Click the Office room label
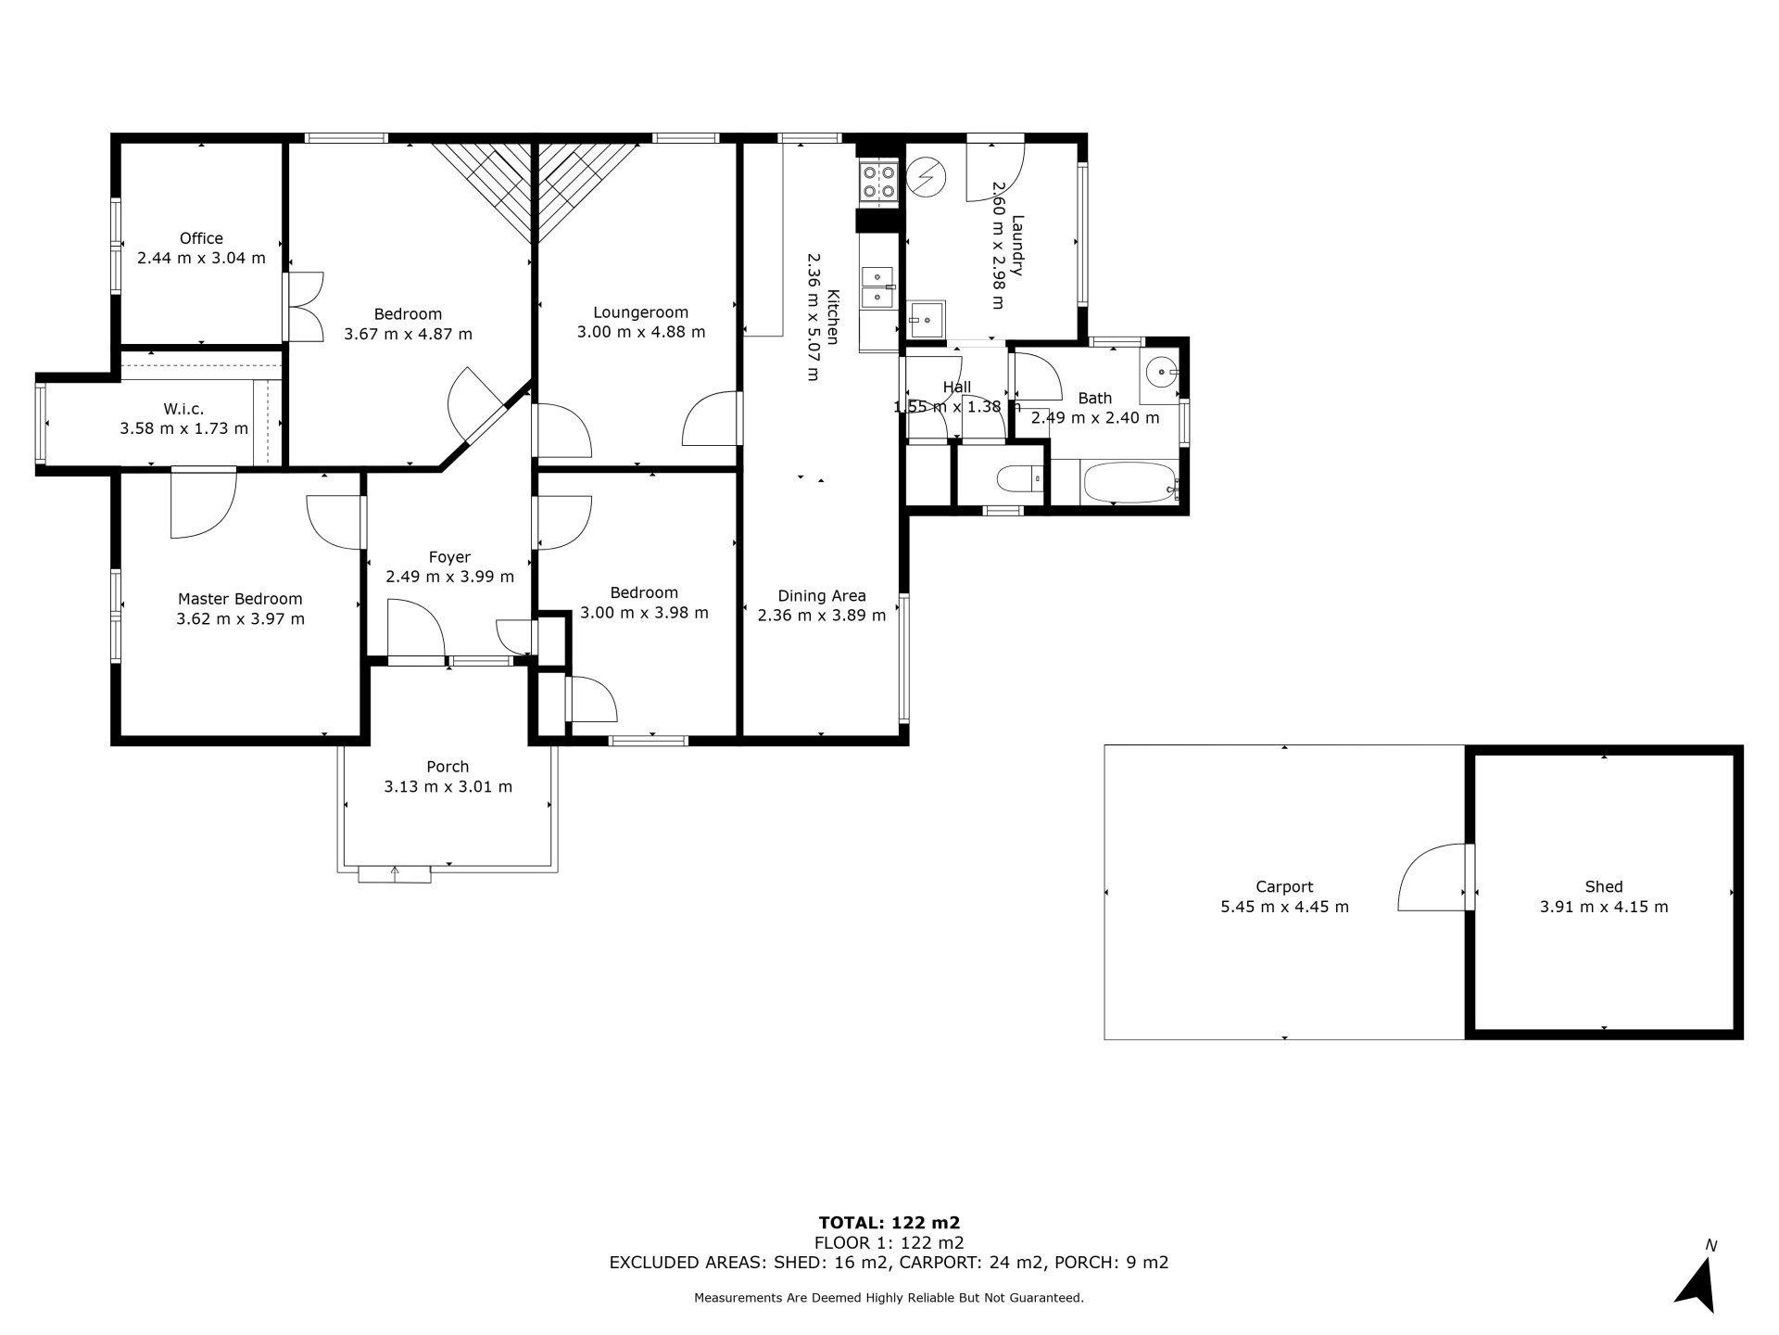201,238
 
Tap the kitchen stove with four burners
878,182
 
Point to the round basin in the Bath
1160,373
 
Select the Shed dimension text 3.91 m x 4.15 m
1604,907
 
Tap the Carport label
1284,887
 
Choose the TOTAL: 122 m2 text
889,1223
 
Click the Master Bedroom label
240,599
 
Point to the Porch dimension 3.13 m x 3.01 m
448,786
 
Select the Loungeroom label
641,312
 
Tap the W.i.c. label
183,409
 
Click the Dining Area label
822,596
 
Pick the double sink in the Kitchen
877,286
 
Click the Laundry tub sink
927,320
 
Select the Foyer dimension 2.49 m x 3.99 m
449,577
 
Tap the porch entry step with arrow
395,874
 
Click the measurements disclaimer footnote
889,1298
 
